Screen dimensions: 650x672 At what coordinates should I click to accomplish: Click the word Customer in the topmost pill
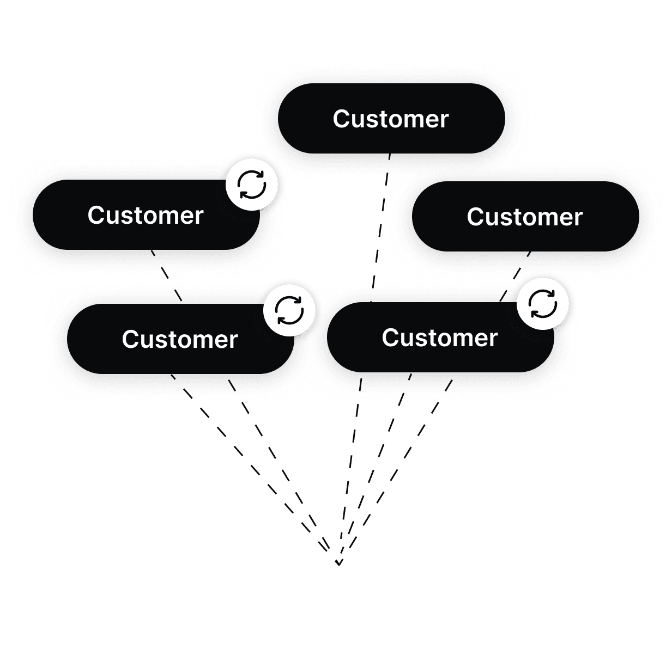click(x=390, y=119)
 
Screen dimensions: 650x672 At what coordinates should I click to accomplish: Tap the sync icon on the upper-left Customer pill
click(x=252, y=185)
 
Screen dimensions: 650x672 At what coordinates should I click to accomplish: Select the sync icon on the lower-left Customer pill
click(x=289, y=310)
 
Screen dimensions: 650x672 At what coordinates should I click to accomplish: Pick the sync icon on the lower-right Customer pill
click(x=543, y=303)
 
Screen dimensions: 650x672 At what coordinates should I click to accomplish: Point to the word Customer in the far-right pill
click(x=524, y=217)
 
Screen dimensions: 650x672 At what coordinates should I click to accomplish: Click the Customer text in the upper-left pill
click(x=145, y=216)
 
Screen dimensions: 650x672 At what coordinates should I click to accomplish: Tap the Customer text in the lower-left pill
click(x=179, y=340)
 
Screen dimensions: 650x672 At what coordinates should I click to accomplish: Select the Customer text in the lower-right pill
click(x=439, y=338)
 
